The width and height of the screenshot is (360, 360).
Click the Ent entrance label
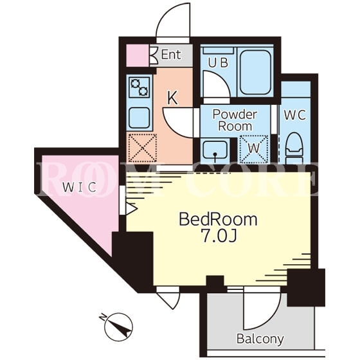tap(171, 55)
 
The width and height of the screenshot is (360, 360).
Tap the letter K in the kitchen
tap(173, 98)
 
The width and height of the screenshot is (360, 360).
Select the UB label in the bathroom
tap(218, 63)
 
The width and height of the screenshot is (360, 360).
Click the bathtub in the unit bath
tap(255, 72)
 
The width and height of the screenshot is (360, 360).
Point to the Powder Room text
tap(235, 120)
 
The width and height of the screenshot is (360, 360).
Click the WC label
tap(295, 115)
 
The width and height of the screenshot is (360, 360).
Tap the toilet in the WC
tap(294, 148)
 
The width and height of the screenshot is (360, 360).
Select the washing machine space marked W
tap(254, 148)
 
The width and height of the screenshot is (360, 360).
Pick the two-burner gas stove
tap(139, 87)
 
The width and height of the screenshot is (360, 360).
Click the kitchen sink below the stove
tap(139, 118)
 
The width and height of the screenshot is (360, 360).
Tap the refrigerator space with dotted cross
tap(142, 148)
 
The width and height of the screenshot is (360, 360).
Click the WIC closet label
tap(80, 187)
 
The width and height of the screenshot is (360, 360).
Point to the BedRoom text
tap(218, 219)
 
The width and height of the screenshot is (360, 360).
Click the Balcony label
tap(260, 339)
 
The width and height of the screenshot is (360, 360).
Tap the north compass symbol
tap(118, 327)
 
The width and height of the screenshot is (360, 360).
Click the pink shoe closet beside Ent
tap(138, 55)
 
